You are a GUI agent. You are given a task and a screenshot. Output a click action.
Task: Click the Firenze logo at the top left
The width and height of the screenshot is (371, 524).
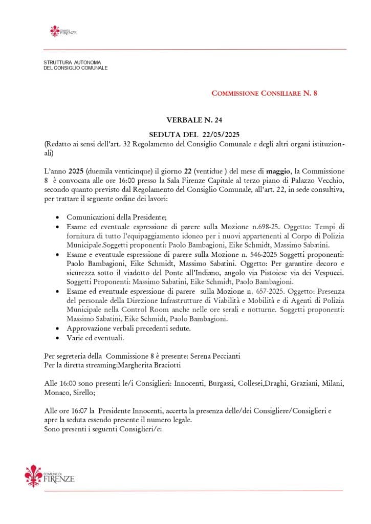pyautogui.click(x=63, y=31)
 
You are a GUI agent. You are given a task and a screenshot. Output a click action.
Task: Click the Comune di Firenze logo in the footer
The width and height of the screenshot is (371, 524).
pyautogui.click(x=50, y=476)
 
